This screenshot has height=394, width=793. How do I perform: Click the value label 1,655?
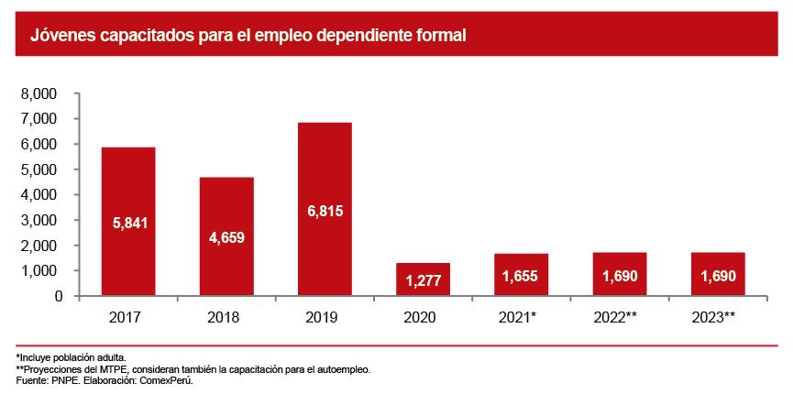[521, 276]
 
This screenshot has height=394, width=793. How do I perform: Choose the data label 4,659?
[226, 237]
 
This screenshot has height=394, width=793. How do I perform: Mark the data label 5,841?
[128, 223]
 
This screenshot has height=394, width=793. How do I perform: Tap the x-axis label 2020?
[423, 316]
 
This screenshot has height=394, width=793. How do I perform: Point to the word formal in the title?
[443, 37]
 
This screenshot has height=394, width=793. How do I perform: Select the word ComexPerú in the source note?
[171, 380]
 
